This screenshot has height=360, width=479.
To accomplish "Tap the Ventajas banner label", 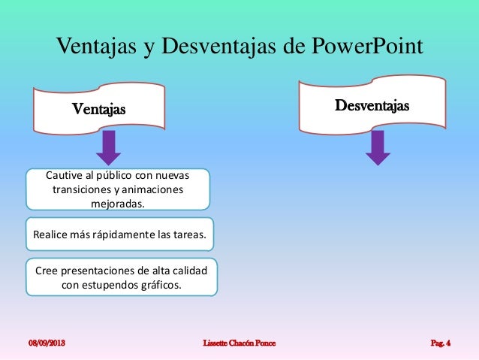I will pyautogui.click(x=99, y=110).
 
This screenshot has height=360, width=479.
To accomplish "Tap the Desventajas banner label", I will pyautogui.click(x=372, y=106).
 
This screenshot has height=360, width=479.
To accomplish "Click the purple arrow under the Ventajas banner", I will pyautogui.click(x=109, y=147).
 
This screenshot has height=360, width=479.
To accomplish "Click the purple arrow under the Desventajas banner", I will pyautogui.click(x=378, y=147).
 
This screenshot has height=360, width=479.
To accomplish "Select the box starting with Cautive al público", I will pyautogui.click(x=118, y=189).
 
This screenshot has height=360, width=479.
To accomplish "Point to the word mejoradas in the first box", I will pyautogui.click(x=118, y=203).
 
